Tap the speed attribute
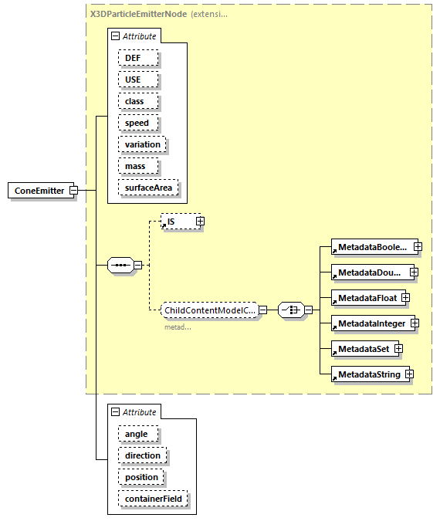(x=137, y=123)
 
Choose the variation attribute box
(x=142, y=144)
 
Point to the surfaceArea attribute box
(x=147, y=188)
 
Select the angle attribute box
(x=137, y=434)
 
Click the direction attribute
(x=142, y=455)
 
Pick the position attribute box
(x=141, y=477)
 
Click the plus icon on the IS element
(x=200, y=222)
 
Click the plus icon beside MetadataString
(x=410, y=374)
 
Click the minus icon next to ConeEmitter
(x=73, y=191)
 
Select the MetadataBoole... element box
(x=371, y=247)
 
